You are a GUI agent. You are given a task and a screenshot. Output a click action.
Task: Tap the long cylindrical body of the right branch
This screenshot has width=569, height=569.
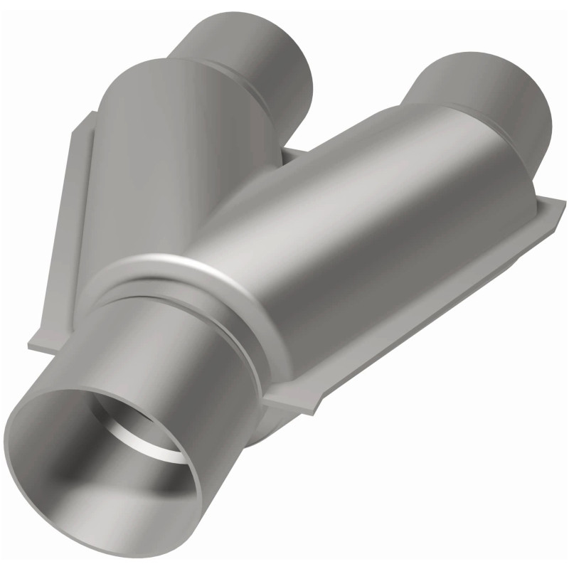(356, 228)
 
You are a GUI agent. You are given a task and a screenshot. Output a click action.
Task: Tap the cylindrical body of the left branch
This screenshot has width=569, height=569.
(156, 156)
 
